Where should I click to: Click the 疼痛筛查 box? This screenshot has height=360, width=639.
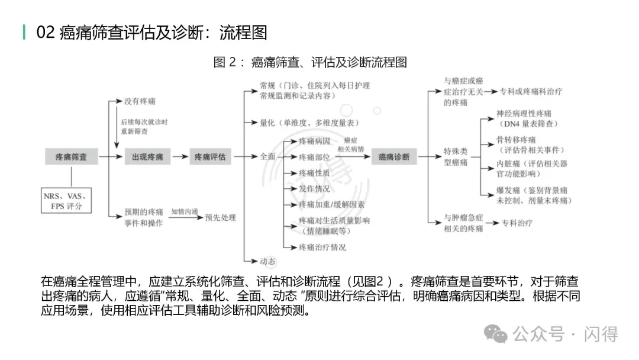coord(72,157)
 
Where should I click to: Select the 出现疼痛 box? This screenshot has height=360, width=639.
coord(147,157)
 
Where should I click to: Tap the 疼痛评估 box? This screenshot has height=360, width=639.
coord(210,157)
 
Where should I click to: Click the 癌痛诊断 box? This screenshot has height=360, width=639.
coord(393,157)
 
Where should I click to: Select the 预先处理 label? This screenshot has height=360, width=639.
coord(220,218)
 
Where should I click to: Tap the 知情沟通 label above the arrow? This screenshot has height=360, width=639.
coord(185,211)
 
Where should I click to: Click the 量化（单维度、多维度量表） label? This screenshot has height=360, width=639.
coord(309,123)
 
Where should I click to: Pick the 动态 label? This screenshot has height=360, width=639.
coord(267,261)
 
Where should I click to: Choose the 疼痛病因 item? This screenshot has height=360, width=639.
coord(314,141)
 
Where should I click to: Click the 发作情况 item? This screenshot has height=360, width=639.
coord(314,188)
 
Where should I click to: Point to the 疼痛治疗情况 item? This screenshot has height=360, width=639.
coord(322,247)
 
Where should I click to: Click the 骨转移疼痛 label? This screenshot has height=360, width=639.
coord(516,140)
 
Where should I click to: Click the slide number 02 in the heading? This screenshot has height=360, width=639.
coord(46,32)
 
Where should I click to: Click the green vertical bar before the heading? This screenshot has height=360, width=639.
coord(24,32)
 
